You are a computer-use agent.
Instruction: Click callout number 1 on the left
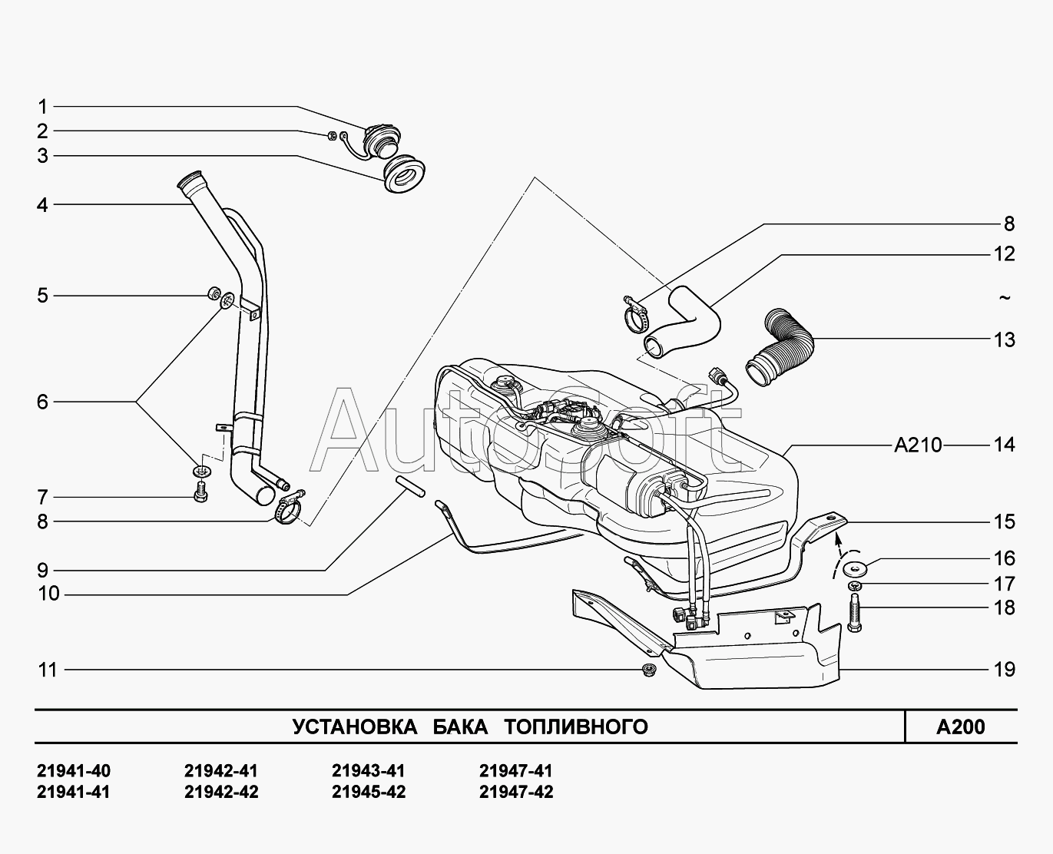coord(42,107)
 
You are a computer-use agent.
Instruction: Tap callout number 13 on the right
coord(1004,339)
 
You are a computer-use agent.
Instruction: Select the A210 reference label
coord(918,445)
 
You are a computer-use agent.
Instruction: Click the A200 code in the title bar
coord(960,727)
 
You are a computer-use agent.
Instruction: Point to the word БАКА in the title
coord(460,727)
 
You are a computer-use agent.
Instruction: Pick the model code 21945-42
coord(368,792)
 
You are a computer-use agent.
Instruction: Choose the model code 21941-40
coord(74,771)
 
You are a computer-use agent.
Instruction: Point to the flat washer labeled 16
coord(854,569)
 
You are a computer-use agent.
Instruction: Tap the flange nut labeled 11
coord(649,670)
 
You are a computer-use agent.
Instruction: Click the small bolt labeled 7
coord(201,492)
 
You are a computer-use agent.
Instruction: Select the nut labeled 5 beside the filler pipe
coord(214,293)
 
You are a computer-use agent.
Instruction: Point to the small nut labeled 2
coord(329,137)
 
